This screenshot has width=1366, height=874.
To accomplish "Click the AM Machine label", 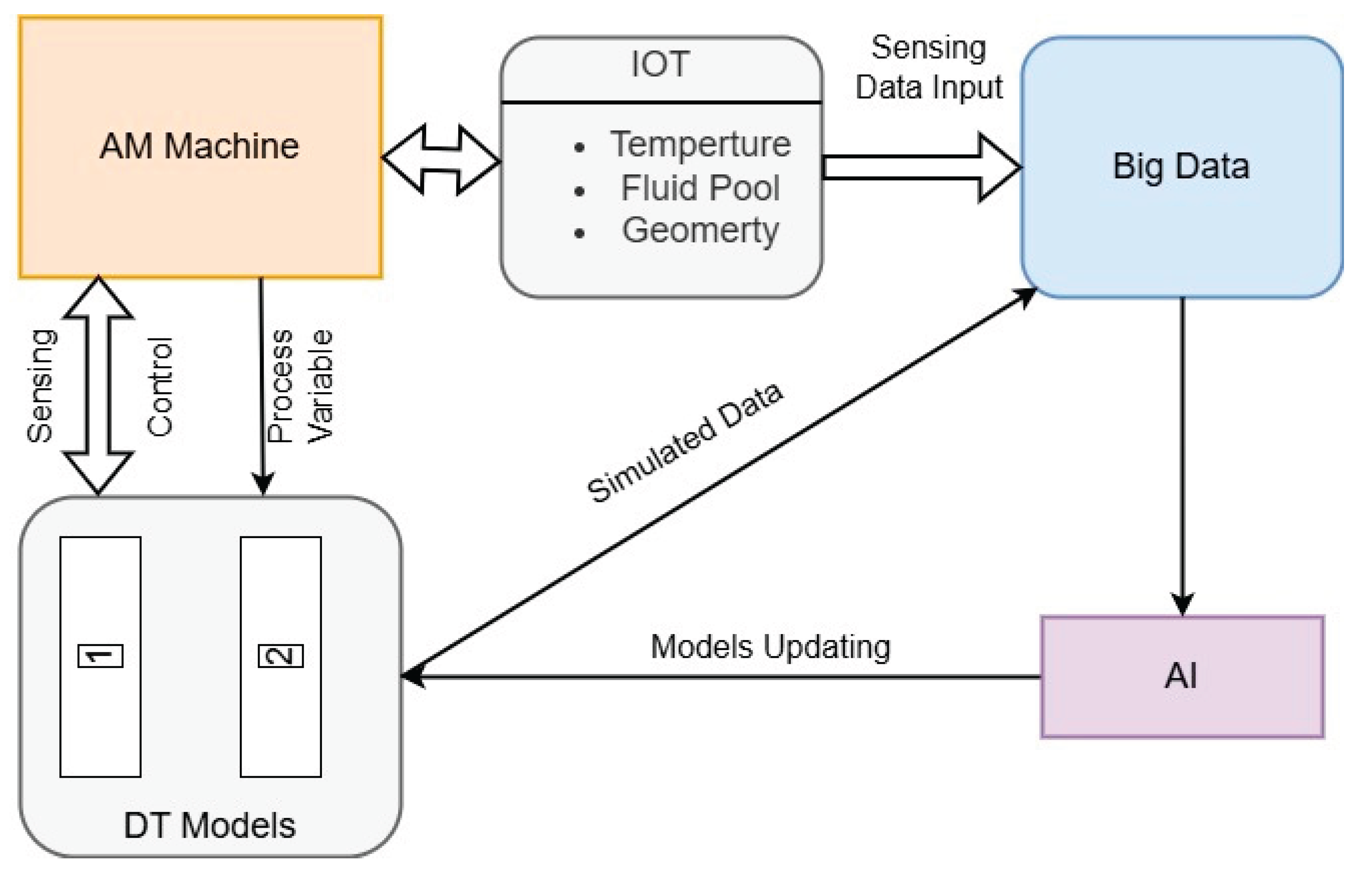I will click(199, 146).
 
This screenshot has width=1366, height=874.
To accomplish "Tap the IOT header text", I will click(660, 64).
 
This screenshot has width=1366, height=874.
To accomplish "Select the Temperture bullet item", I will click(700, 144).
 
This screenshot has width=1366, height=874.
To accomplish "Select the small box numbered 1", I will click(100, 656).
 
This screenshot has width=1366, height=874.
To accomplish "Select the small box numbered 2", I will click(281, 656).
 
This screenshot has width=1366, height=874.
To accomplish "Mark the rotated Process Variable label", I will click(300, 386).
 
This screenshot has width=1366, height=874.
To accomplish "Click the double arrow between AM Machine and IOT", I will click(441, 160).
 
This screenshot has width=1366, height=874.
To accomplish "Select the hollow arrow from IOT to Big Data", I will click(920, 168).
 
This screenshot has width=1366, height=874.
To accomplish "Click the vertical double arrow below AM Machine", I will click(98, 386).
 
